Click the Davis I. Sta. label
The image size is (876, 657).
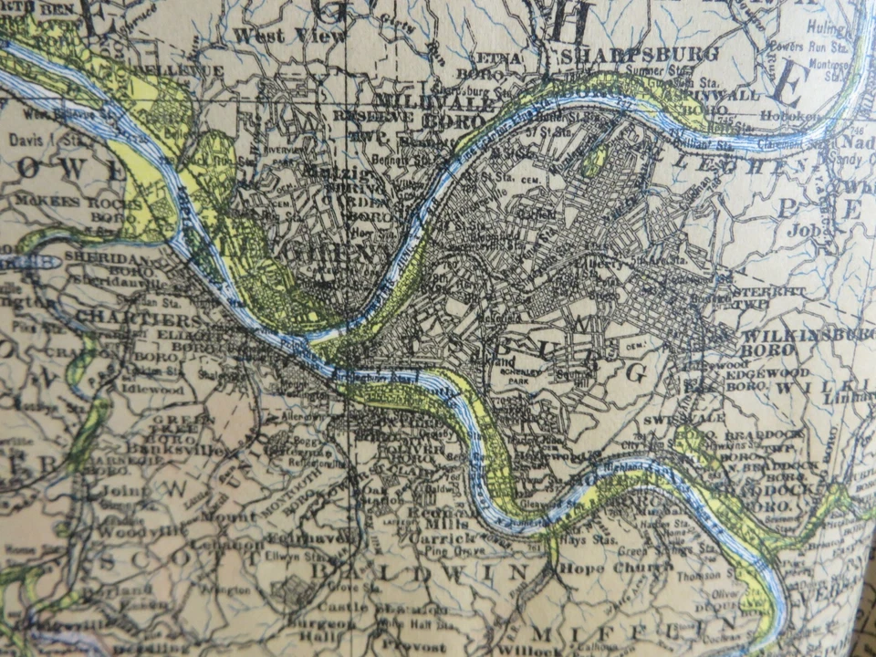pos(45,140)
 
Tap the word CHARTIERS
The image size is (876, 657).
pos(138,320)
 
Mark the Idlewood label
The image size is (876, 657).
pos(155,390)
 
